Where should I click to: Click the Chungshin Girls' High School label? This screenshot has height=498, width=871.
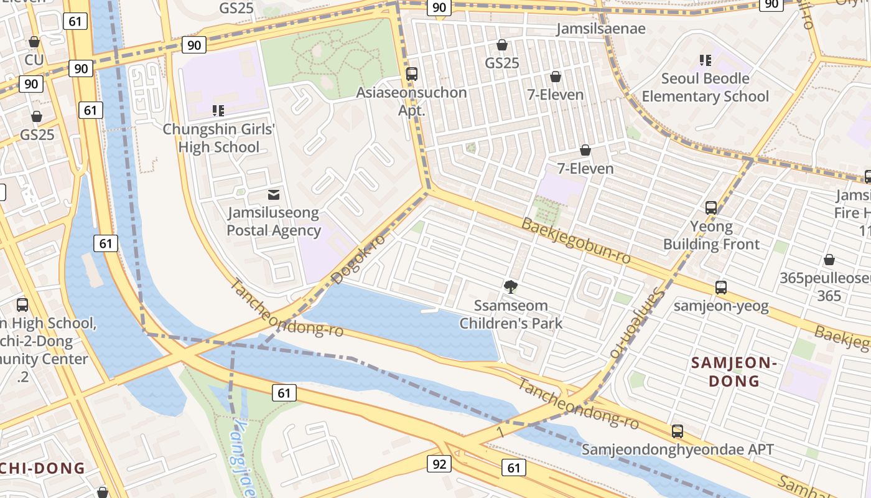click(218, 138)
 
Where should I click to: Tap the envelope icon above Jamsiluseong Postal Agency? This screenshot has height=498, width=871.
click(273, 195)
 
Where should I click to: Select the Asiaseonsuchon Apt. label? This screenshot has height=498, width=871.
click(411, 101)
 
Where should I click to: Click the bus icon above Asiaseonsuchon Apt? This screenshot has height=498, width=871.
click(411, 74)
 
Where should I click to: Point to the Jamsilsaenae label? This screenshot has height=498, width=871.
click(601, 29)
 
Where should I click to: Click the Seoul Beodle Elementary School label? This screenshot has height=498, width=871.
click(705, 87)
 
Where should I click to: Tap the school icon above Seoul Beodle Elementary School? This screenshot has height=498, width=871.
click(705, 60)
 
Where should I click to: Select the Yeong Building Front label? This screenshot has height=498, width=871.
click(711, 235)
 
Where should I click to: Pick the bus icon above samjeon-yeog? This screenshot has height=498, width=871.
click(721, 288)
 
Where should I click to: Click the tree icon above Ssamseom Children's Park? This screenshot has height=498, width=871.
click(511, 287)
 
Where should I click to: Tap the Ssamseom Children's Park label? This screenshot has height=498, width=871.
click(511, 314)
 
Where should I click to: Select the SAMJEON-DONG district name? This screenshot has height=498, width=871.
click(734, 372)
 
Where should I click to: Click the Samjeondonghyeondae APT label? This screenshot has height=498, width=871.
click(678, 449)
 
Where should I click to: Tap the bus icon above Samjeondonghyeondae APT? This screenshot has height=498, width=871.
click(678, 431)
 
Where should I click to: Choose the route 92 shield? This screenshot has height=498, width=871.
click(439, 464)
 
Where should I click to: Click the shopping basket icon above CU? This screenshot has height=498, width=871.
click(34, 42)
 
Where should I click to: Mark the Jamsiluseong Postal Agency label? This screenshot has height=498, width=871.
click(273, 222)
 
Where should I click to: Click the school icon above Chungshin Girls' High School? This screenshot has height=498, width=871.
click(218, 111)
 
